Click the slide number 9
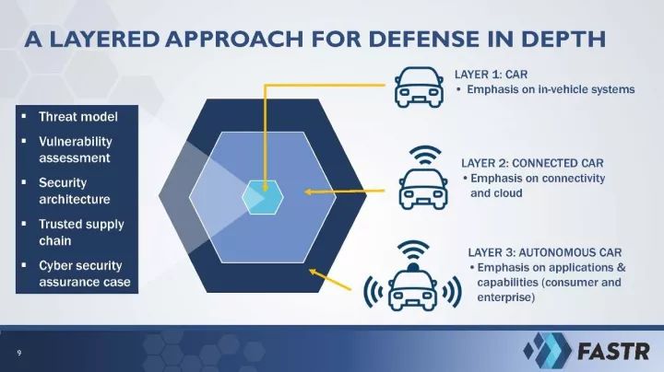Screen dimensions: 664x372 pos(18,353)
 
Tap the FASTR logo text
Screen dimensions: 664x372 pos(613,352)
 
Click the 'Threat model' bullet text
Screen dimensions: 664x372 pos(77,117)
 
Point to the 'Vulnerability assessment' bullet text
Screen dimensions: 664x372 pos(76,150)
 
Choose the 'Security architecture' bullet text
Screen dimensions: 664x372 pos(75,192)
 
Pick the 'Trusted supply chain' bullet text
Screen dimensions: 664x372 pos(81,232)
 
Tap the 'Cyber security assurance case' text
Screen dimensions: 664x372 pos(85,273)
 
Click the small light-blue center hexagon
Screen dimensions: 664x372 pos(263,197)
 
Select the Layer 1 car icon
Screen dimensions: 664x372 pos(420,87)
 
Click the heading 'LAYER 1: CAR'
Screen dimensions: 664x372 pos(491,75)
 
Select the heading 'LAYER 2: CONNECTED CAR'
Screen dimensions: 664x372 pos(532,163)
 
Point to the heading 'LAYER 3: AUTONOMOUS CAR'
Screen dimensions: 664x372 pos(545,253)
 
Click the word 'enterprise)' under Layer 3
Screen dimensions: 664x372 pos(505,297)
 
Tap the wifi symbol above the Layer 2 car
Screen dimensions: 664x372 pos(425,156)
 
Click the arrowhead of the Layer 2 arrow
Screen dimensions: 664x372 pos(309,192)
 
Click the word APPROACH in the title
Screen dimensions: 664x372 pos(233,39)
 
